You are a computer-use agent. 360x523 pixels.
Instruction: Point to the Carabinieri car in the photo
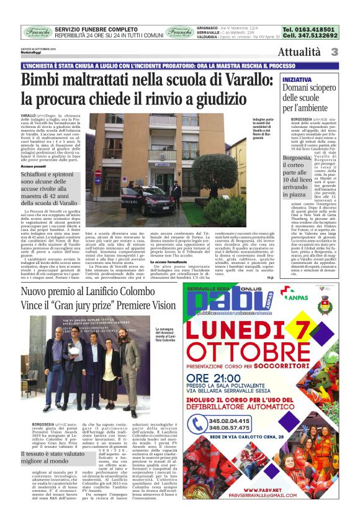(x=139, y=200)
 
